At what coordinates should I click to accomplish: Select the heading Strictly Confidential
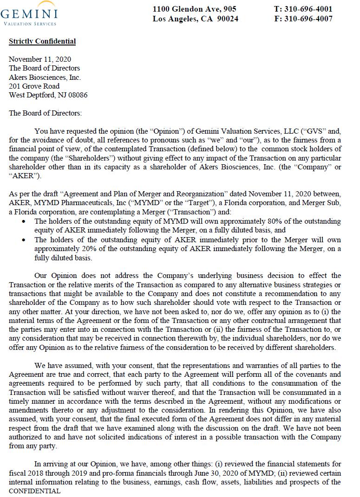(42, 41)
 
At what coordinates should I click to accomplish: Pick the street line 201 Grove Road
(34, 86)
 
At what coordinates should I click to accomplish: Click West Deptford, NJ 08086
(48, 95)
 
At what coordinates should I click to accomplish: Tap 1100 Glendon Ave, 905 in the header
(195, 9)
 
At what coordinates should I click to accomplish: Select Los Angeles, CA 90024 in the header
(196, 19)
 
